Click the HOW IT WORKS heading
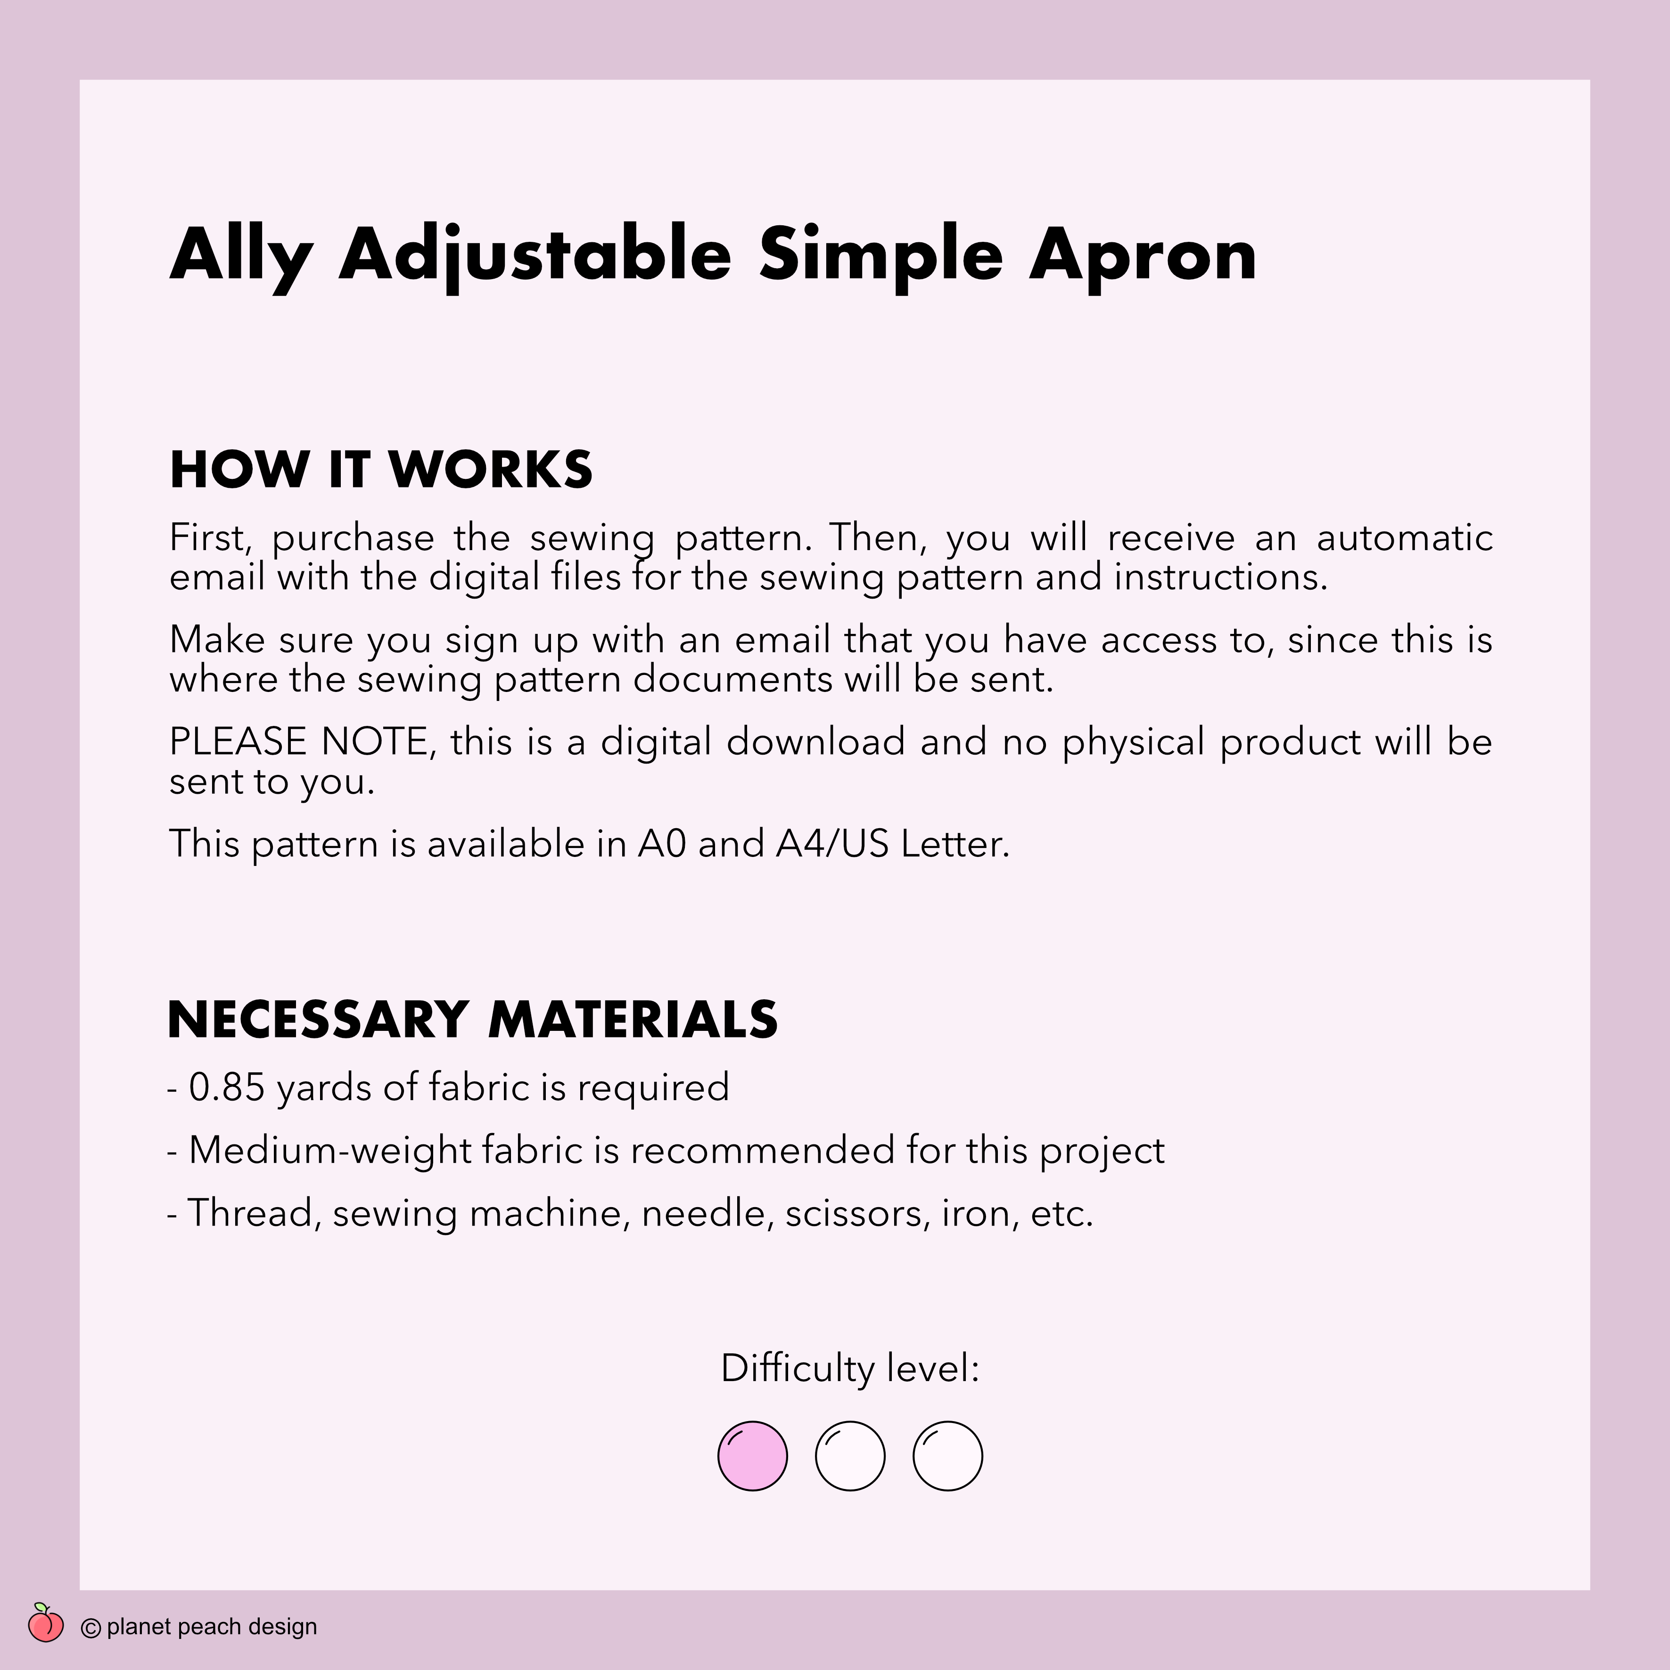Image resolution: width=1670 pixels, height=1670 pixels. point(380,470)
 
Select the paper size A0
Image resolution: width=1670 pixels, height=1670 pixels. point(661,844)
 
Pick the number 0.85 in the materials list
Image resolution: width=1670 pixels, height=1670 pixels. point(226,1087)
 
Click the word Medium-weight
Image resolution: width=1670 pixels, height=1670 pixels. point(329,1151)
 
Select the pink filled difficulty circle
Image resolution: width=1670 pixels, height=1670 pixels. point(752,1456)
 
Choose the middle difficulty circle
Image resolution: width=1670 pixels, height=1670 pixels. point(850,1456)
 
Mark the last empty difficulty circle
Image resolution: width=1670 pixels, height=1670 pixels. point(947,1456)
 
